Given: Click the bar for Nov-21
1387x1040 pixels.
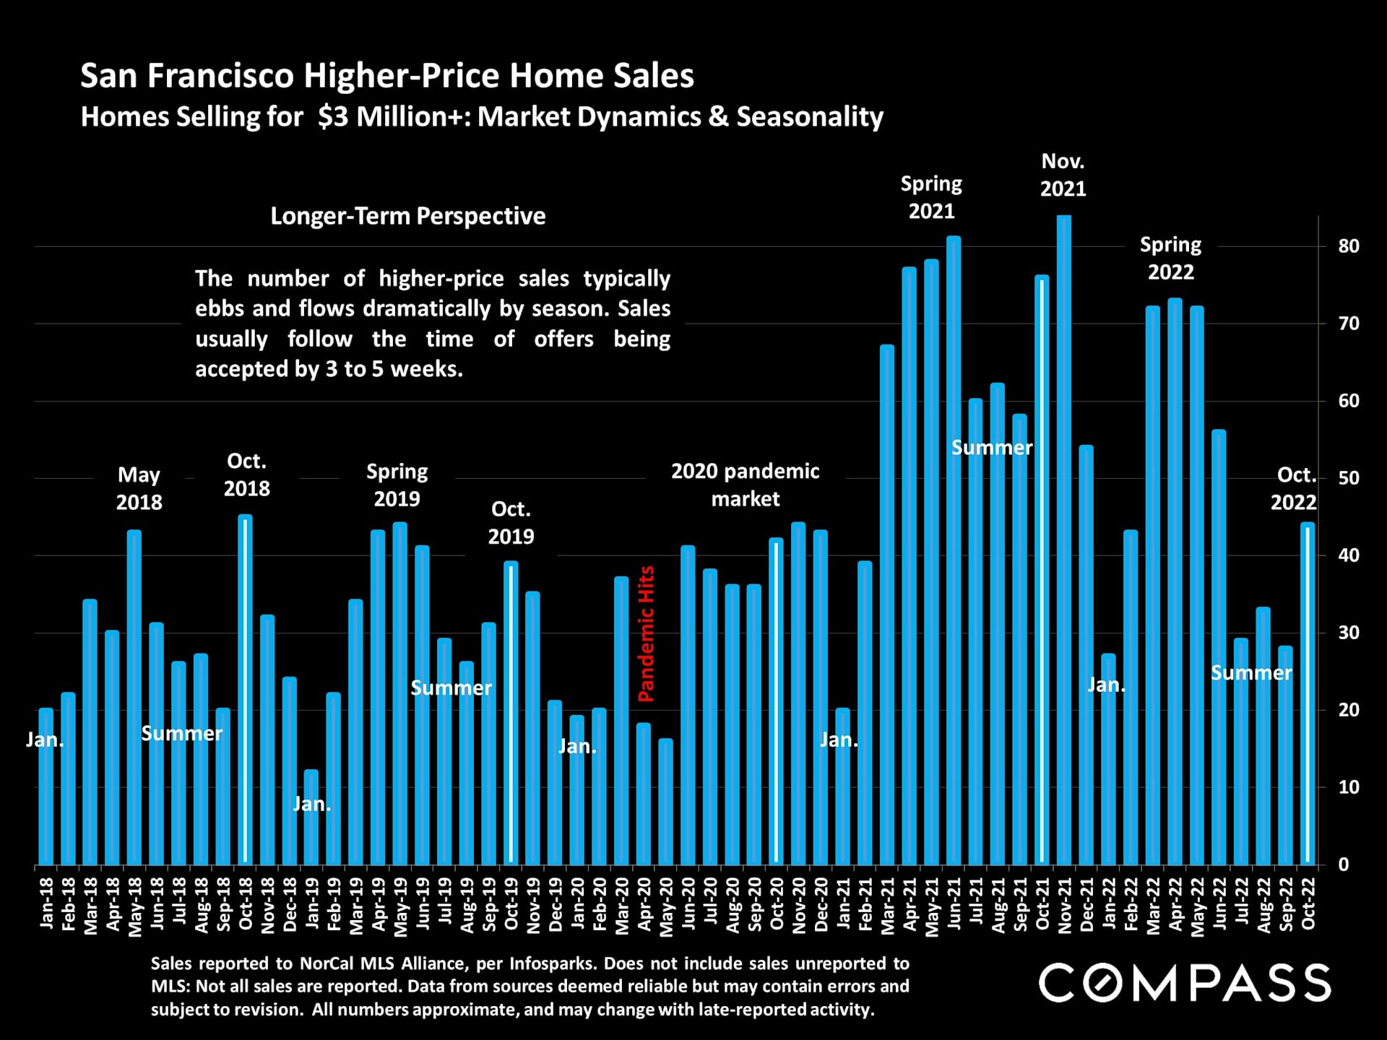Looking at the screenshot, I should [1063, 542].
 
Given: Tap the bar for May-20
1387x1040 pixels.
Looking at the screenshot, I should [665, 802].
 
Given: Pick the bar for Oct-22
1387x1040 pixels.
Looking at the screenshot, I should [1307, 693].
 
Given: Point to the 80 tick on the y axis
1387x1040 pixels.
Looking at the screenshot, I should [1348, 246].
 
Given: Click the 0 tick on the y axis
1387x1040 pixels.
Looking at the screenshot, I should [1343, 864].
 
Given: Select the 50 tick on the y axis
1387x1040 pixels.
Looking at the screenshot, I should [1348, 478].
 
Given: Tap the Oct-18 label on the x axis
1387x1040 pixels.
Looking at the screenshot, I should [246, 903].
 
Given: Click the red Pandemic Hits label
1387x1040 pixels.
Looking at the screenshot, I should [646, 633].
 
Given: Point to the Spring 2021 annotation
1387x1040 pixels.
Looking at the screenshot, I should [931, 197].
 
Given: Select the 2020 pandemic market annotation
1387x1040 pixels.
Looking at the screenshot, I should [745, 485].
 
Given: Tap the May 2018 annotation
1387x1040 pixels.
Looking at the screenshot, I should [139, 488].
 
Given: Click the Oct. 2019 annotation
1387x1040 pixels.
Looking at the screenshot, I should [511, 522].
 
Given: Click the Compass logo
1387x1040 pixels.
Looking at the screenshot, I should [1185, 983].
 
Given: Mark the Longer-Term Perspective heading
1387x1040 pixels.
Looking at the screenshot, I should [408, 216].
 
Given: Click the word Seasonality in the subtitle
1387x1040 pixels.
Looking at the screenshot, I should [810, 117].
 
